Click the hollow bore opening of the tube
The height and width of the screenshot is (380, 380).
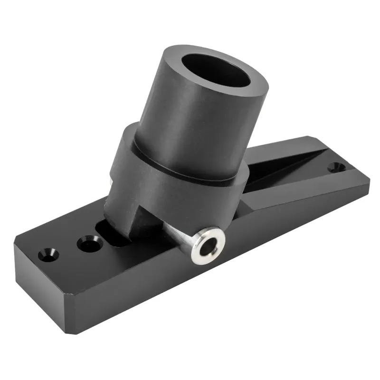click(x=218, y=71)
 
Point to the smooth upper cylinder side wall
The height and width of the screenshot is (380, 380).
click(x=190, y=123)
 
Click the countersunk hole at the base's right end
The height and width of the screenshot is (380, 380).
click(x=338, y=167)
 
